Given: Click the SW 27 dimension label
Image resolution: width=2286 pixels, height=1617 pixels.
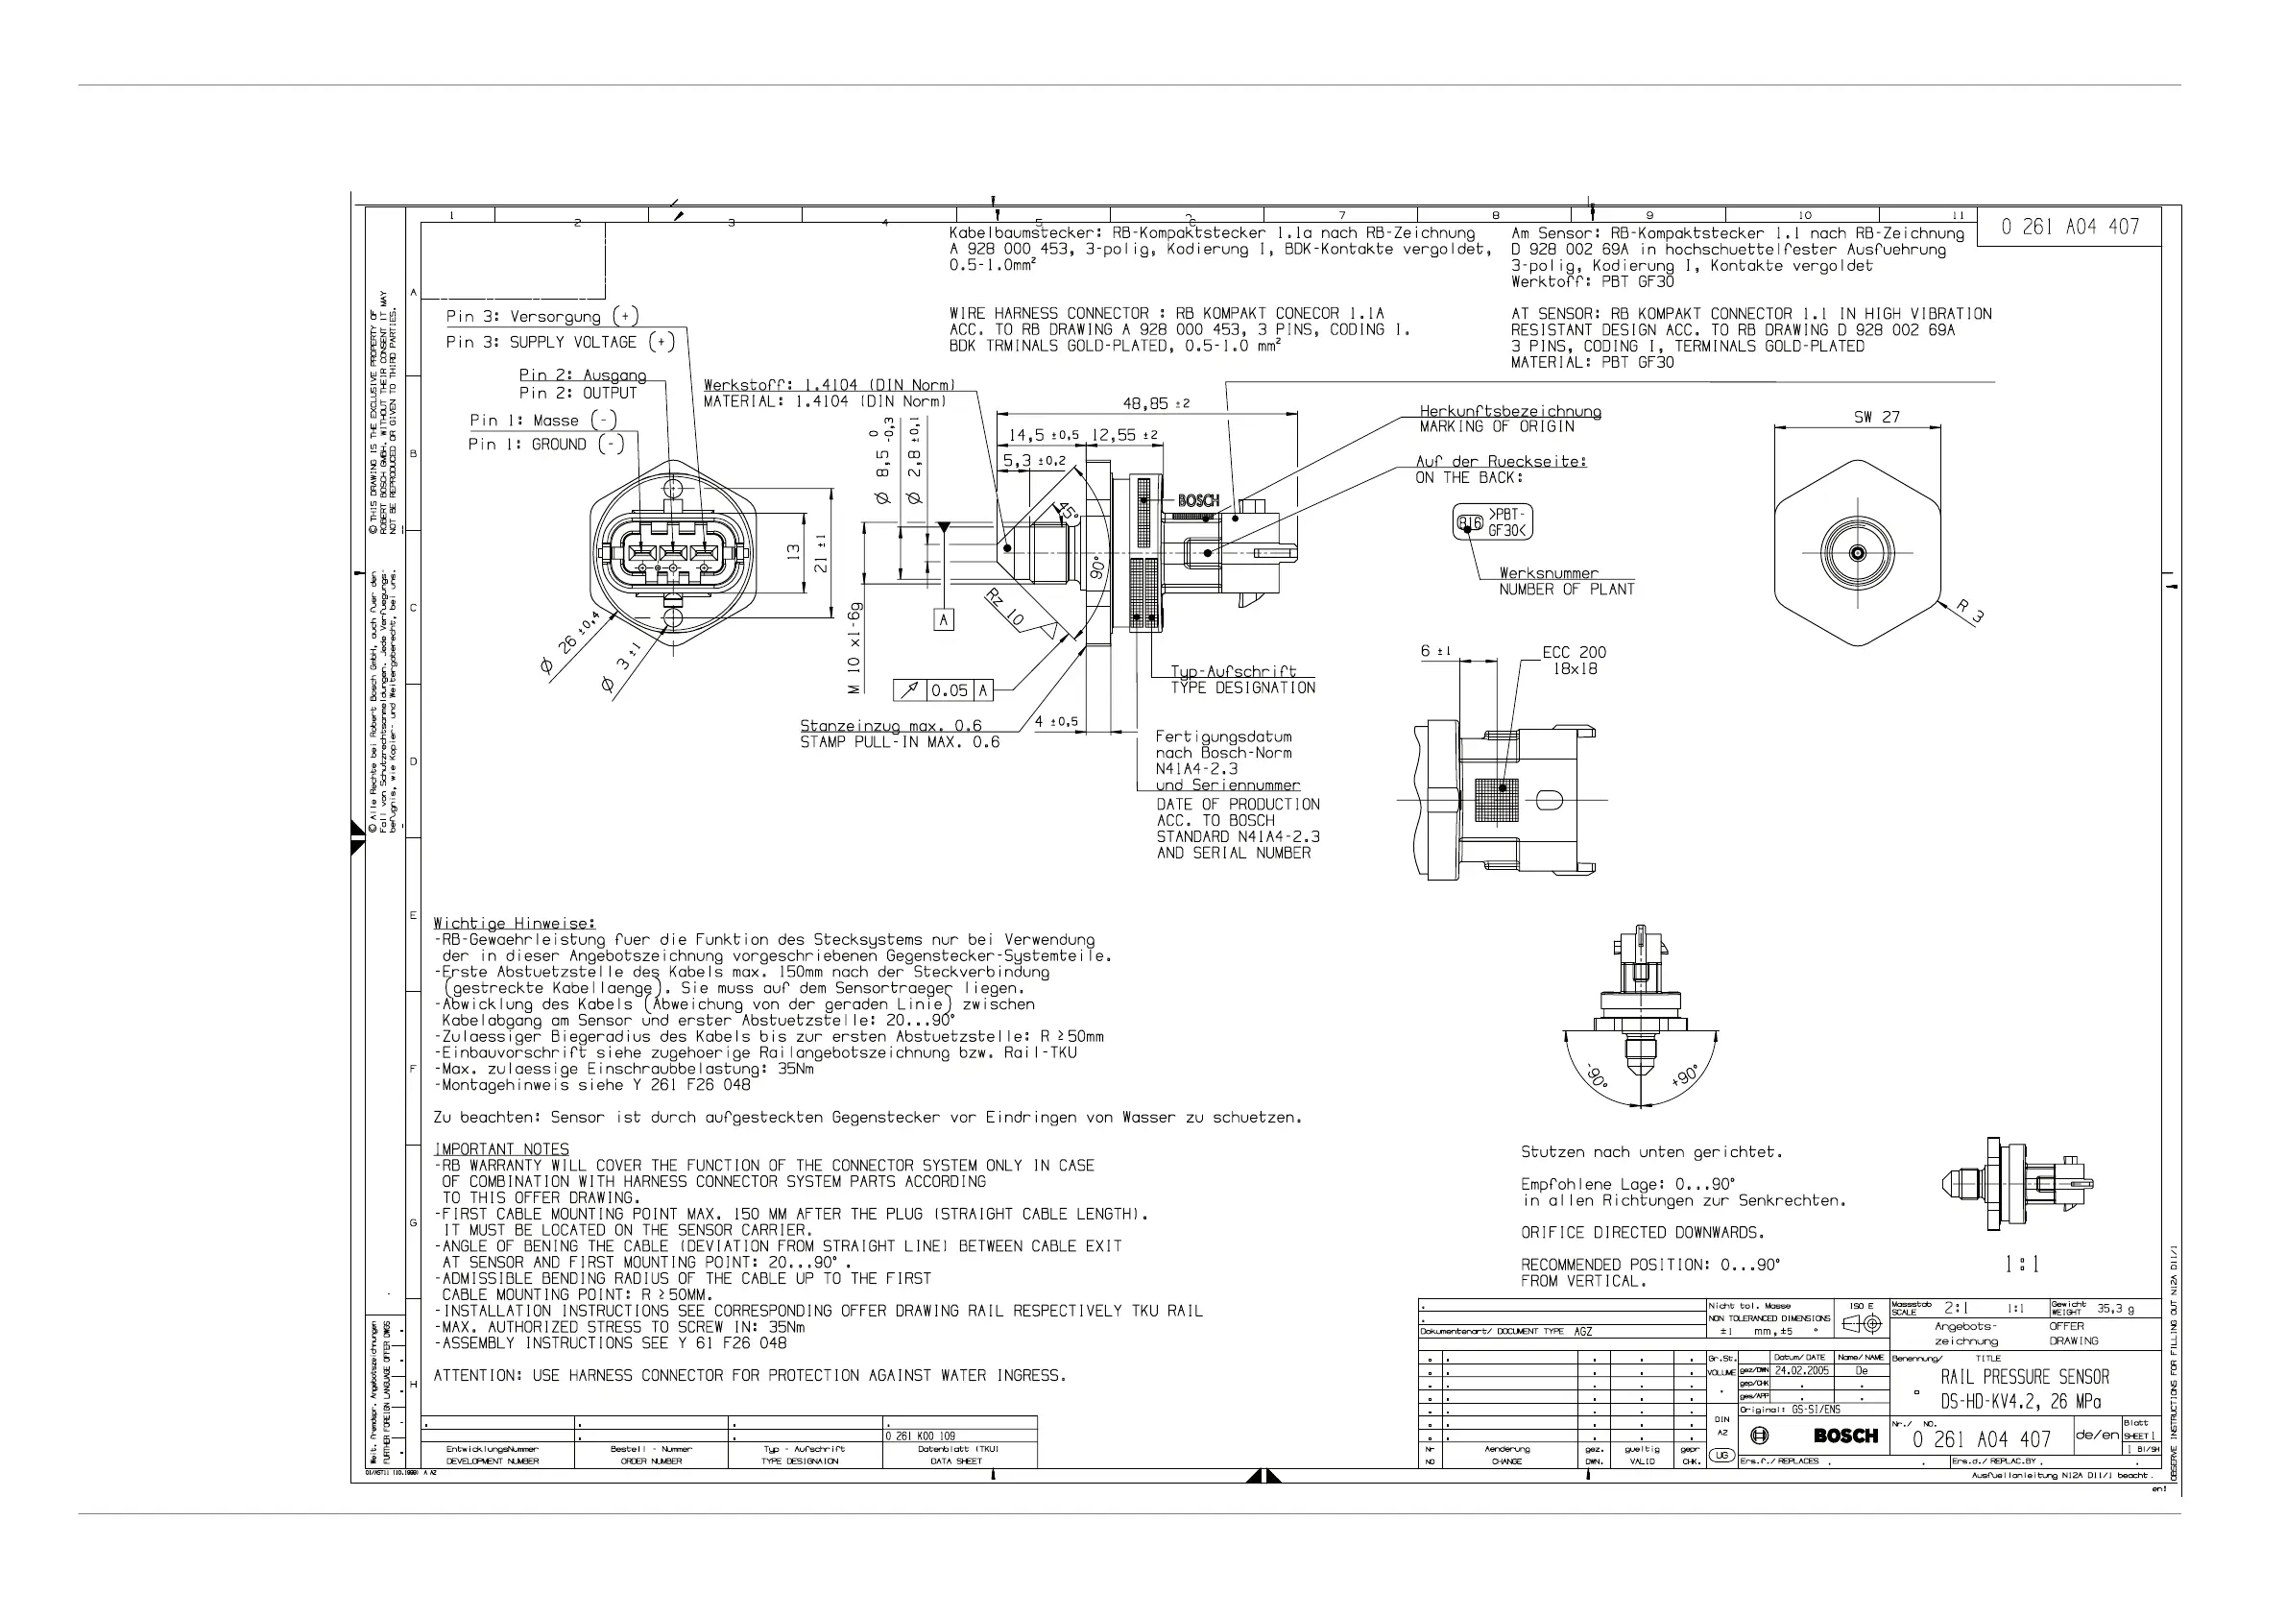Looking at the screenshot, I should (1876, 417).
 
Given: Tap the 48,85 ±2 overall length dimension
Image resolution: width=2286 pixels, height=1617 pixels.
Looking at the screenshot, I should (1156, 403).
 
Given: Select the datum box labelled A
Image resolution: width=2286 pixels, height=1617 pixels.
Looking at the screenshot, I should (943, 619).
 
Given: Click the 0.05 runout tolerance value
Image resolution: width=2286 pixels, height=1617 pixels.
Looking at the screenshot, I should (949, 690).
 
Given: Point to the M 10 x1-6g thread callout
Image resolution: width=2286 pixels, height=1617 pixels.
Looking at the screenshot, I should (855, 647).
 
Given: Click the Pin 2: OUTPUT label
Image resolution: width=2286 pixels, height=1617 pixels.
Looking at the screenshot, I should (577, 394).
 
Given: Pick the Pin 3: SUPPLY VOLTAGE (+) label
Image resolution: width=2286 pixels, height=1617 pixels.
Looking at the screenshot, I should (560, 343).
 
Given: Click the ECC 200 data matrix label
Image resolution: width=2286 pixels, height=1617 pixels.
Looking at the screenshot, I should (1575, 653).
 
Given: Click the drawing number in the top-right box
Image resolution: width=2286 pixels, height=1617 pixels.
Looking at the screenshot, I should (2070, 227).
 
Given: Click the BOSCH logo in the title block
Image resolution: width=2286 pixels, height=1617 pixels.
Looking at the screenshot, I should (1845, 1435).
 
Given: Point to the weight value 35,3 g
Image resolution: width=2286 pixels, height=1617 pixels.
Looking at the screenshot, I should (2115, 1309).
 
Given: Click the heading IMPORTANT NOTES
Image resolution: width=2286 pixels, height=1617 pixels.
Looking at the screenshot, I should (502, 1149).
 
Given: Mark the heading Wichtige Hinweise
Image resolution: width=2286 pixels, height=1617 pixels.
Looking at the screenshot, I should (514, 923).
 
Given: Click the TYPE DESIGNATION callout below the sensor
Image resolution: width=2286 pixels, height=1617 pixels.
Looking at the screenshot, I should (1242, 688).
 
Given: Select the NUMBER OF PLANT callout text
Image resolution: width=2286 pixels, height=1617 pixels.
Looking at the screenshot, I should (1566, 590).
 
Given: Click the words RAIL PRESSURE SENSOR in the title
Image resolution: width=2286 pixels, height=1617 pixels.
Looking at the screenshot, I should (2024, 1377).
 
